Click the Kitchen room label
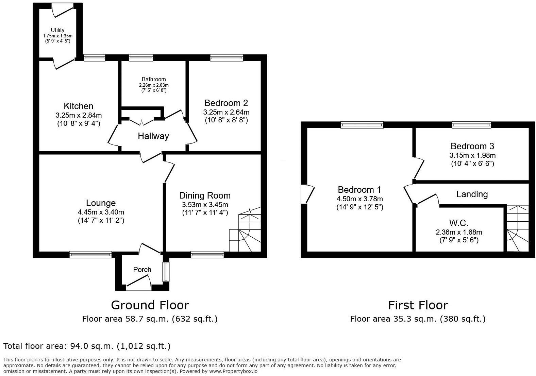(x=78, y=106)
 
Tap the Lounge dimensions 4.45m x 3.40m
(x=101, y=212)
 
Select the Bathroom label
(x=154, y=79)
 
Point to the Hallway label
(x=153, y=136)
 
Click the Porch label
(x=142, y=270)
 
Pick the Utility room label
(x=57, y=30)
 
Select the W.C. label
(x=459, y=223)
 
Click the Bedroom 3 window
(x=471, y=125)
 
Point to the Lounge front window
(x=90, y=254)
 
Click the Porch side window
(x=166, y=272)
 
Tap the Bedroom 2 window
(x=227, y=58)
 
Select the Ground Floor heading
(x=150, y=305)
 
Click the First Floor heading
(x=418, y=305)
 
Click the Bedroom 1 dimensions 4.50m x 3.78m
(x=359, y=199)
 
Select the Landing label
(x=472, y=194)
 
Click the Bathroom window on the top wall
(x=141, y=58)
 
